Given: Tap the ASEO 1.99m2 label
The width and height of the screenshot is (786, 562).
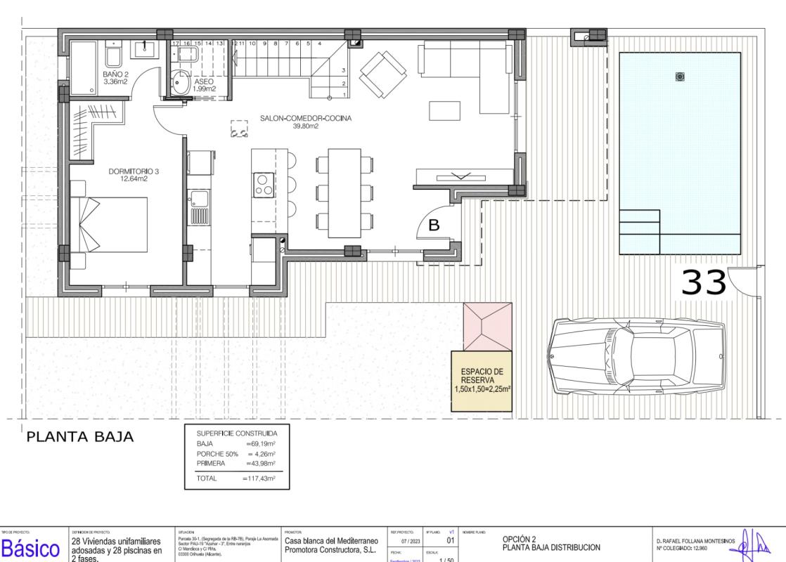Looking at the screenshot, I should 205,85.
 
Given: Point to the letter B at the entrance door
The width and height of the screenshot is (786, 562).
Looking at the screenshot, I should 434,226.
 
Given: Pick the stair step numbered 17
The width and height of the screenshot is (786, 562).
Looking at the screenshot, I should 176,44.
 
